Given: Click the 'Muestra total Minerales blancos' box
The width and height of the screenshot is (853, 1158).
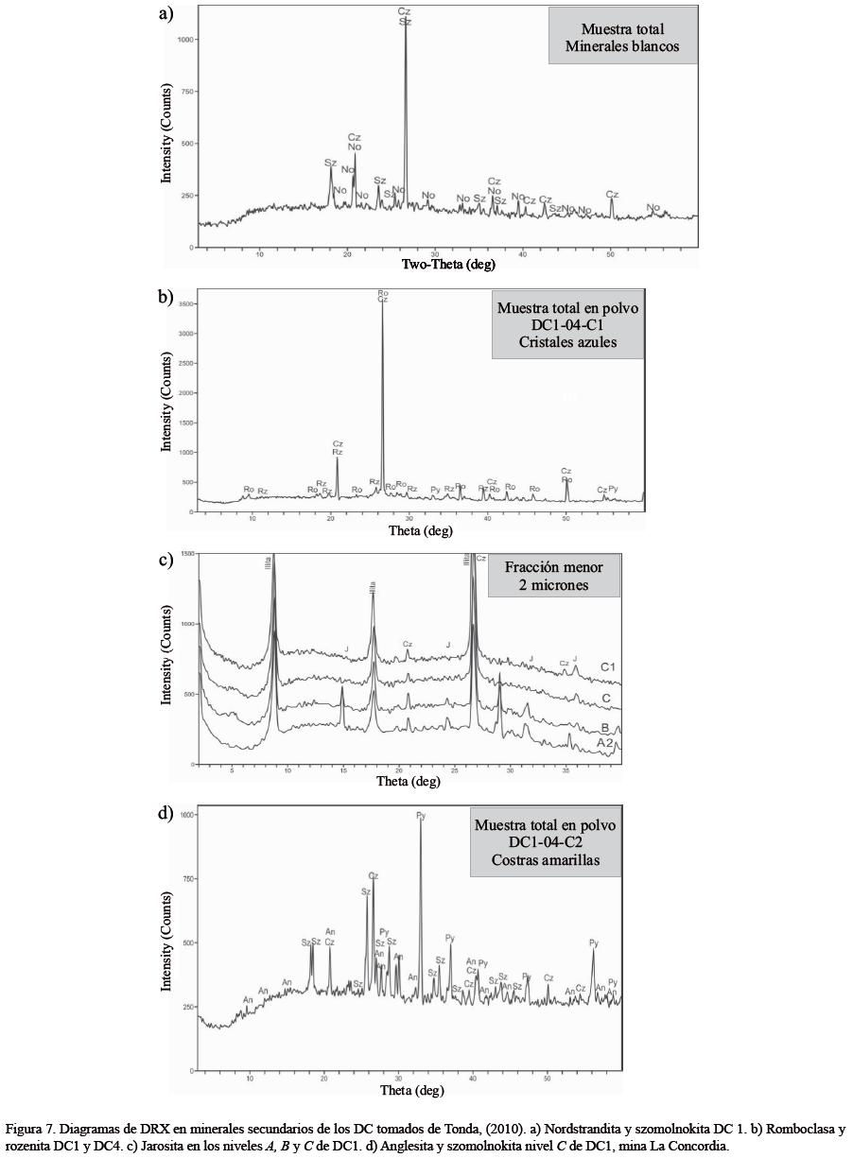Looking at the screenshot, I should point(622,37).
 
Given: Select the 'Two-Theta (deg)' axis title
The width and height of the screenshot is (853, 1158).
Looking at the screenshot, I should point(448,264).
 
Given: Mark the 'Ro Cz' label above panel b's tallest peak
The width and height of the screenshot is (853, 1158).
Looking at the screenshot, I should point(383,296).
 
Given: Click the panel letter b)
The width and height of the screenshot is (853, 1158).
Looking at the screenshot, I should point(166,296).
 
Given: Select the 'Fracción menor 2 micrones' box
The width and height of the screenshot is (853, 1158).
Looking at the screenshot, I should point(553,575).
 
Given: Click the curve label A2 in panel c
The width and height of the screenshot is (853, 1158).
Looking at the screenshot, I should point(606,743).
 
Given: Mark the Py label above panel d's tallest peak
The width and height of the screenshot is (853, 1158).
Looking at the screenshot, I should point(421,815).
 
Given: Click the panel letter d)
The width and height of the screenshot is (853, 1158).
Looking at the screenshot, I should point(166,813).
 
